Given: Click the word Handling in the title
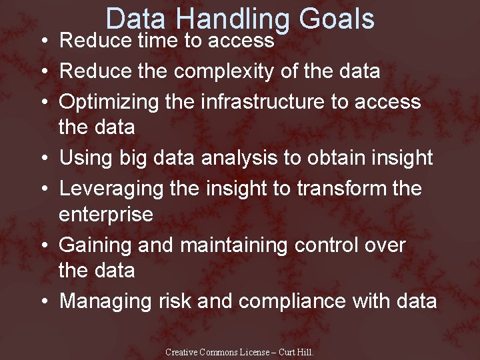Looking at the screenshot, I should (243, 20).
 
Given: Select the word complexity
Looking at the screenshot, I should (227, 71).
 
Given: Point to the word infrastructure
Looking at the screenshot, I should (253, 101).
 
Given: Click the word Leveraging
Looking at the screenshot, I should (113, 189).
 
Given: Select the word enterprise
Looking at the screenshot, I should (106, 214).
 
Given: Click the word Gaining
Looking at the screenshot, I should (96, 245).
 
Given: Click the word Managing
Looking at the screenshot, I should (107, 301).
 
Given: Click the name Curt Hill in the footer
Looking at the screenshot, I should (295, 353).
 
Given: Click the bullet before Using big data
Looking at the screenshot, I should (43, 159).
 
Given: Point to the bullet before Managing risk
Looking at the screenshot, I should (43, 301).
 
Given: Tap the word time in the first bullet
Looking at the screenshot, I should (157, 41).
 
